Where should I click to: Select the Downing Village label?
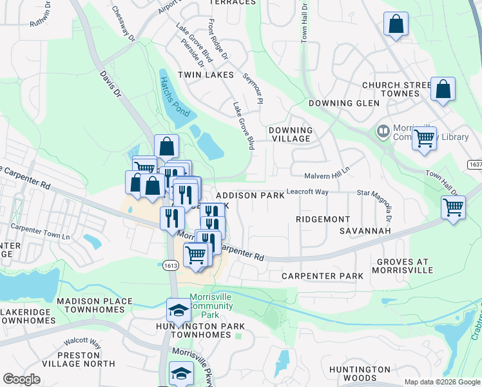pos(291,134)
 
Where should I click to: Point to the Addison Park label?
pos(249,195)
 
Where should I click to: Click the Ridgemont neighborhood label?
pos(323,219)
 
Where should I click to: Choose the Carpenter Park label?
pos(322,275)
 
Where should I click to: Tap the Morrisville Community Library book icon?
pos(383,132)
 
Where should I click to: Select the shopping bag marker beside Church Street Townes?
pos(443,90)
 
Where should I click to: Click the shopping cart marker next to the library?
pos(424,137)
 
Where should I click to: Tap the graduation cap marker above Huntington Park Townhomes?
pos(178,311)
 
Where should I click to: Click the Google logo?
pos(21,379)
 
